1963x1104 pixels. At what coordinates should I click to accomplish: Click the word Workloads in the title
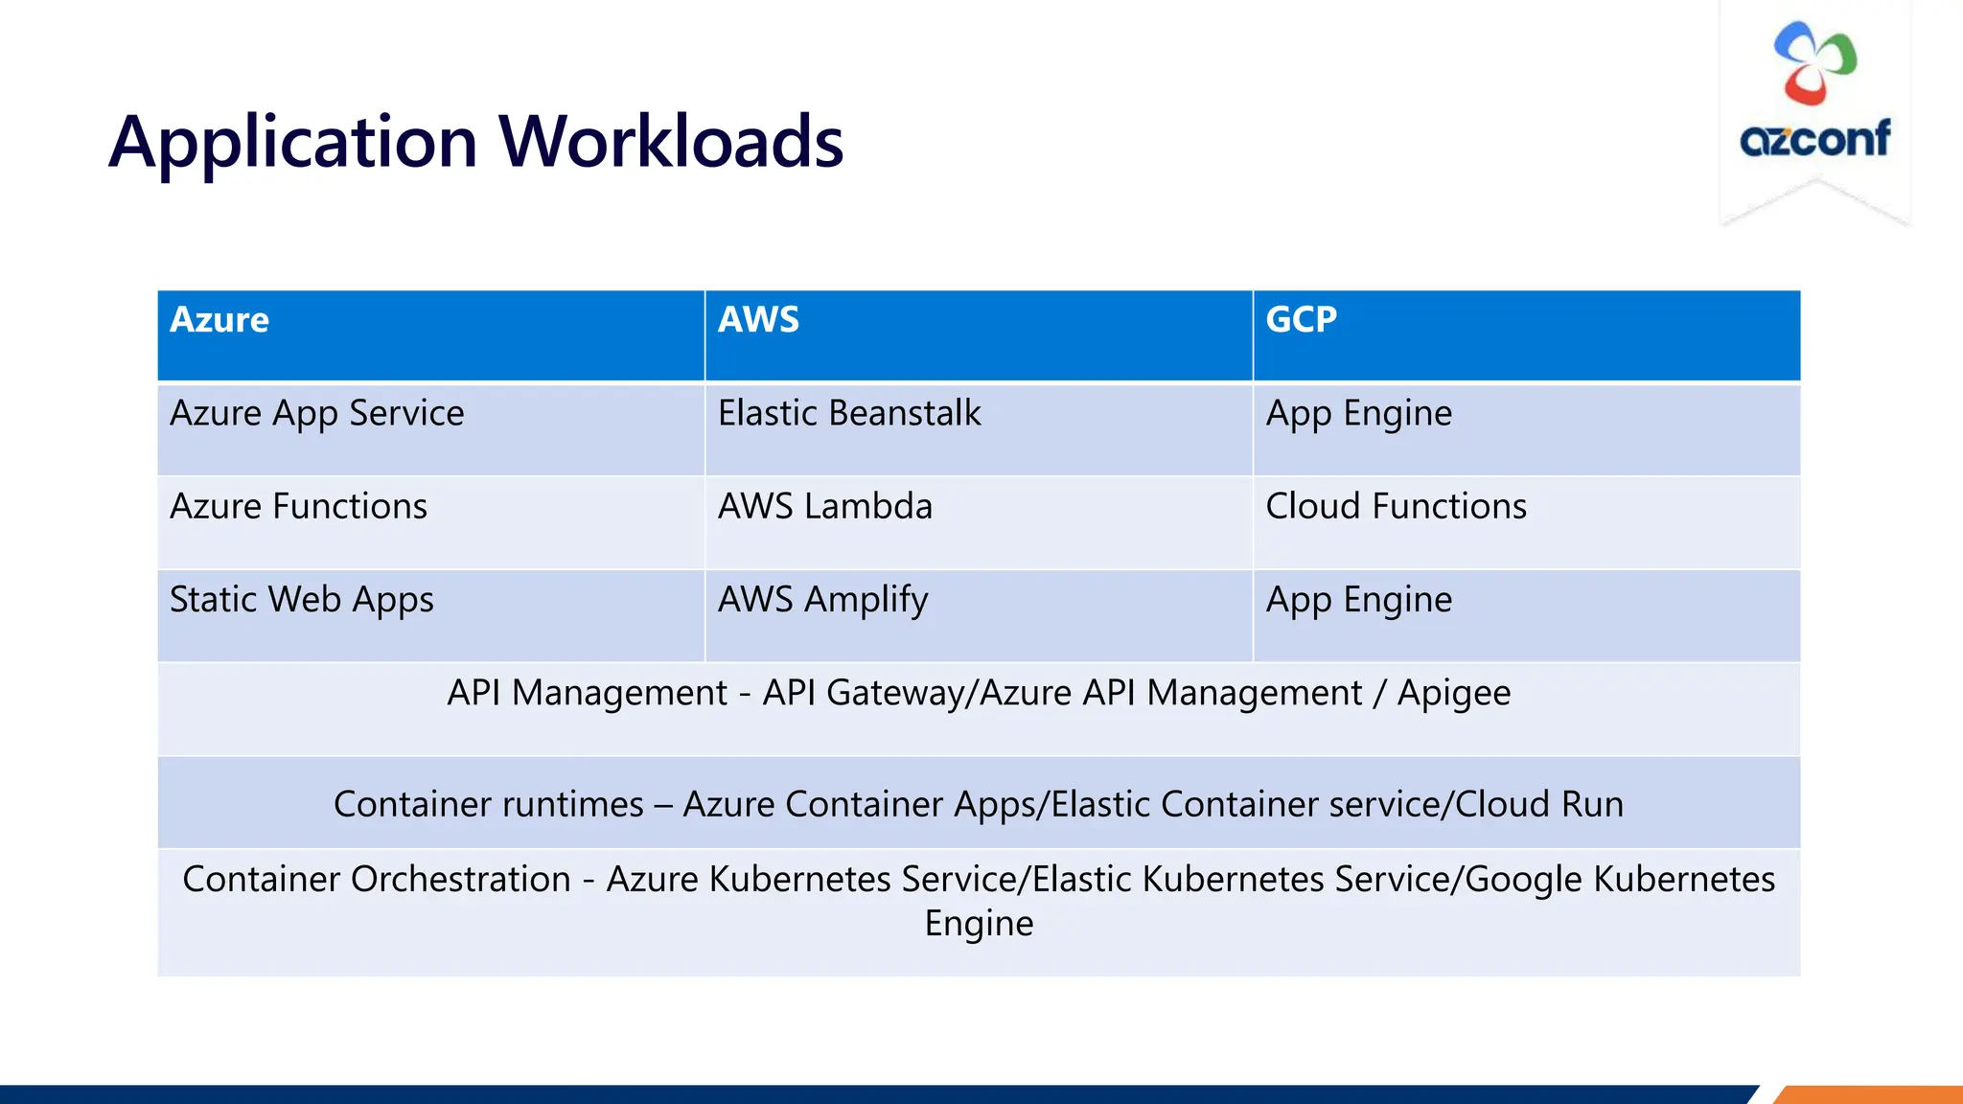671,142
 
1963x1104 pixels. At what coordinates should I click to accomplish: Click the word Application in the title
293,142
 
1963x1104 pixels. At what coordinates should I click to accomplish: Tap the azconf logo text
1814,140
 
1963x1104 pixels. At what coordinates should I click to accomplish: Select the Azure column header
219,319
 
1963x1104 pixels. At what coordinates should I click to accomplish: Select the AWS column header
758,319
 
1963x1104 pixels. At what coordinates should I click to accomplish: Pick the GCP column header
1301,319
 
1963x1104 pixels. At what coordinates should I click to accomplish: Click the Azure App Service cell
317,413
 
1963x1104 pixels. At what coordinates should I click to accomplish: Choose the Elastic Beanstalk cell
849,413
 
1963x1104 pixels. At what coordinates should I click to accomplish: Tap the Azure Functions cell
298,506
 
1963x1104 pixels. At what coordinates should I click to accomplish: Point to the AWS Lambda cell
824,506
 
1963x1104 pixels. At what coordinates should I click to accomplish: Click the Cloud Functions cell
1396,506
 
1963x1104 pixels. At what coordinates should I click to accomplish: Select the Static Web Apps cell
302,600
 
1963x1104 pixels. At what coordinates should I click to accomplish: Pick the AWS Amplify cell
822,600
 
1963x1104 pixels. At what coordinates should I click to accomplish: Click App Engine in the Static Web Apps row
1358,600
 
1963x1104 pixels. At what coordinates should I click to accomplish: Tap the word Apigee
1453,693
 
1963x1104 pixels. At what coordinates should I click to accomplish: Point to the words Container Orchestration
377,879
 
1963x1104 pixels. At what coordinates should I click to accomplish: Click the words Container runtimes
488,804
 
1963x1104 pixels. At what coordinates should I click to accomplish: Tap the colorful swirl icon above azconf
1814,63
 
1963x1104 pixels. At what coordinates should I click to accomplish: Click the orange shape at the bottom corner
1869,1094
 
